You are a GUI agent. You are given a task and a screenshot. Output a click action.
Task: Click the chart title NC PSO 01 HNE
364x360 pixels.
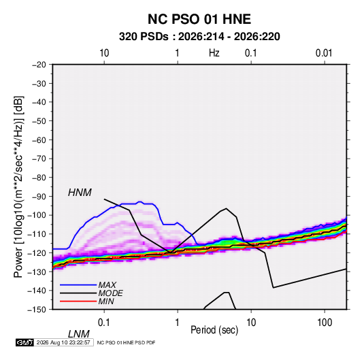point(199,19)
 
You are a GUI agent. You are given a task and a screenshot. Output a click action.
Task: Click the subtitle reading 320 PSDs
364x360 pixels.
point(144,37)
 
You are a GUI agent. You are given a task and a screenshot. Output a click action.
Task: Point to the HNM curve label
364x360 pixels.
point(80,193)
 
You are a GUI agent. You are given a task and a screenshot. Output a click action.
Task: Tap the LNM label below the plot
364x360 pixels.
point(78,334)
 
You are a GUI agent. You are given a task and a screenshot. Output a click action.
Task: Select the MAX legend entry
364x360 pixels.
point(107,284)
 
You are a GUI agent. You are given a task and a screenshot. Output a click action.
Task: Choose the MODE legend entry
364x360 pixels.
point(110,293)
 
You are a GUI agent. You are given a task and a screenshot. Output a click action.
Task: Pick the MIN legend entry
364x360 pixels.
point(106,301)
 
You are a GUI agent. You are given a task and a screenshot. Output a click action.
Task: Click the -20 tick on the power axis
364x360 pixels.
point(39,65)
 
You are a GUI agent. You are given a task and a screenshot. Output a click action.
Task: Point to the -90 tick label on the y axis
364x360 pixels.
point(39,196)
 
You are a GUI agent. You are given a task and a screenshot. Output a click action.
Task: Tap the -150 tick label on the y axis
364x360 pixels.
point(37,310)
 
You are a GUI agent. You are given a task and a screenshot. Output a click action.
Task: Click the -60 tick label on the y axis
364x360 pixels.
point(39,140)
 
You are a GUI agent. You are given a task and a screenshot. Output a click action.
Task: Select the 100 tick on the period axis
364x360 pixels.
point(325,323)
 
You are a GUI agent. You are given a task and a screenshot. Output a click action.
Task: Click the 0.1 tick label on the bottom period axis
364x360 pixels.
point(104,323)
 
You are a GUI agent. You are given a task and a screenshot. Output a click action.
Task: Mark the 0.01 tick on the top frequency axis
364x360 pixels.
point(324,53)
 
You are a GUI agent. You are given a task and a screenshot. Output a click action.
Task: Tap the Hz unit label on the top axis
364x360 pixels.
point(214,53)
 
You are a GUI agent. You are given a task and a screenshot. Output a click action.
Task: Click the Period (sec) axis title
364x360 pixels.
point(214,330)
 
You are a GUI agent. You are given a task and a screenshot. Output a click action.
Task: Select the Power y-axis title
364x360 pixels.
point(18,187)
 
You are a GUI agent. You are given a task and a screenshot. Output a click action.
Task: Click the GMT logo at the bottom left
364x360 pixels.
point(24,342)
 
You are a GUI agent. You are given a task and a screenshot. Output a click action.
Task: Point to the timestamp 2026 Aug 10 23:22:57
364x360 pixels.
point(63,342)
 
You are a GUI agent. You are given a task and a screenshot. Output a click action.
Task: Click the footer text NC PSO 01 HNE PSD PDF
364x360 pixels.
point(126,342)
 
